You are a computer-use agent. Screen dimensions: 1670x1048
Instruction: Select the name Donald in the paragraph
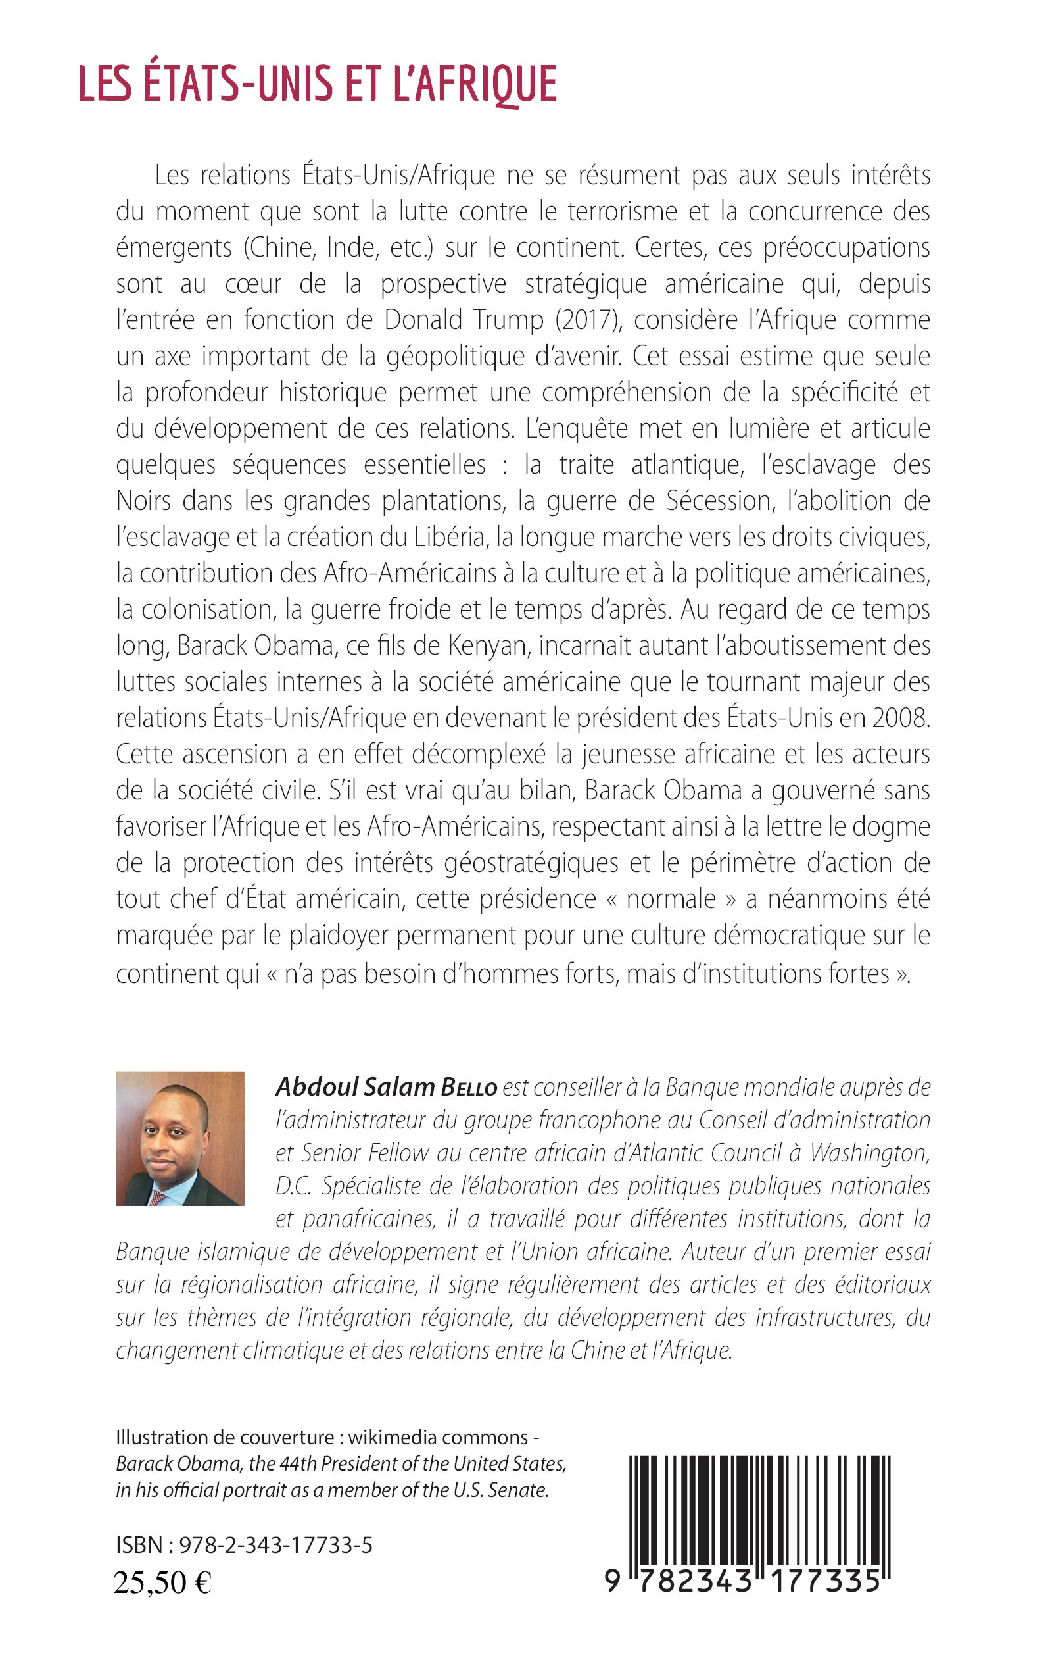point(424,320)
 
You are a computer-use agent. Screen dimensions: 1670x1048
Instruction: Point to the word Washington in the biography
point(869,1153)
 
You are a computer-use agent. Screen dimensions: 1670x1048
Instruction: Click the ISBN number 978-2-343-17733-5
point(276,1545)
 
